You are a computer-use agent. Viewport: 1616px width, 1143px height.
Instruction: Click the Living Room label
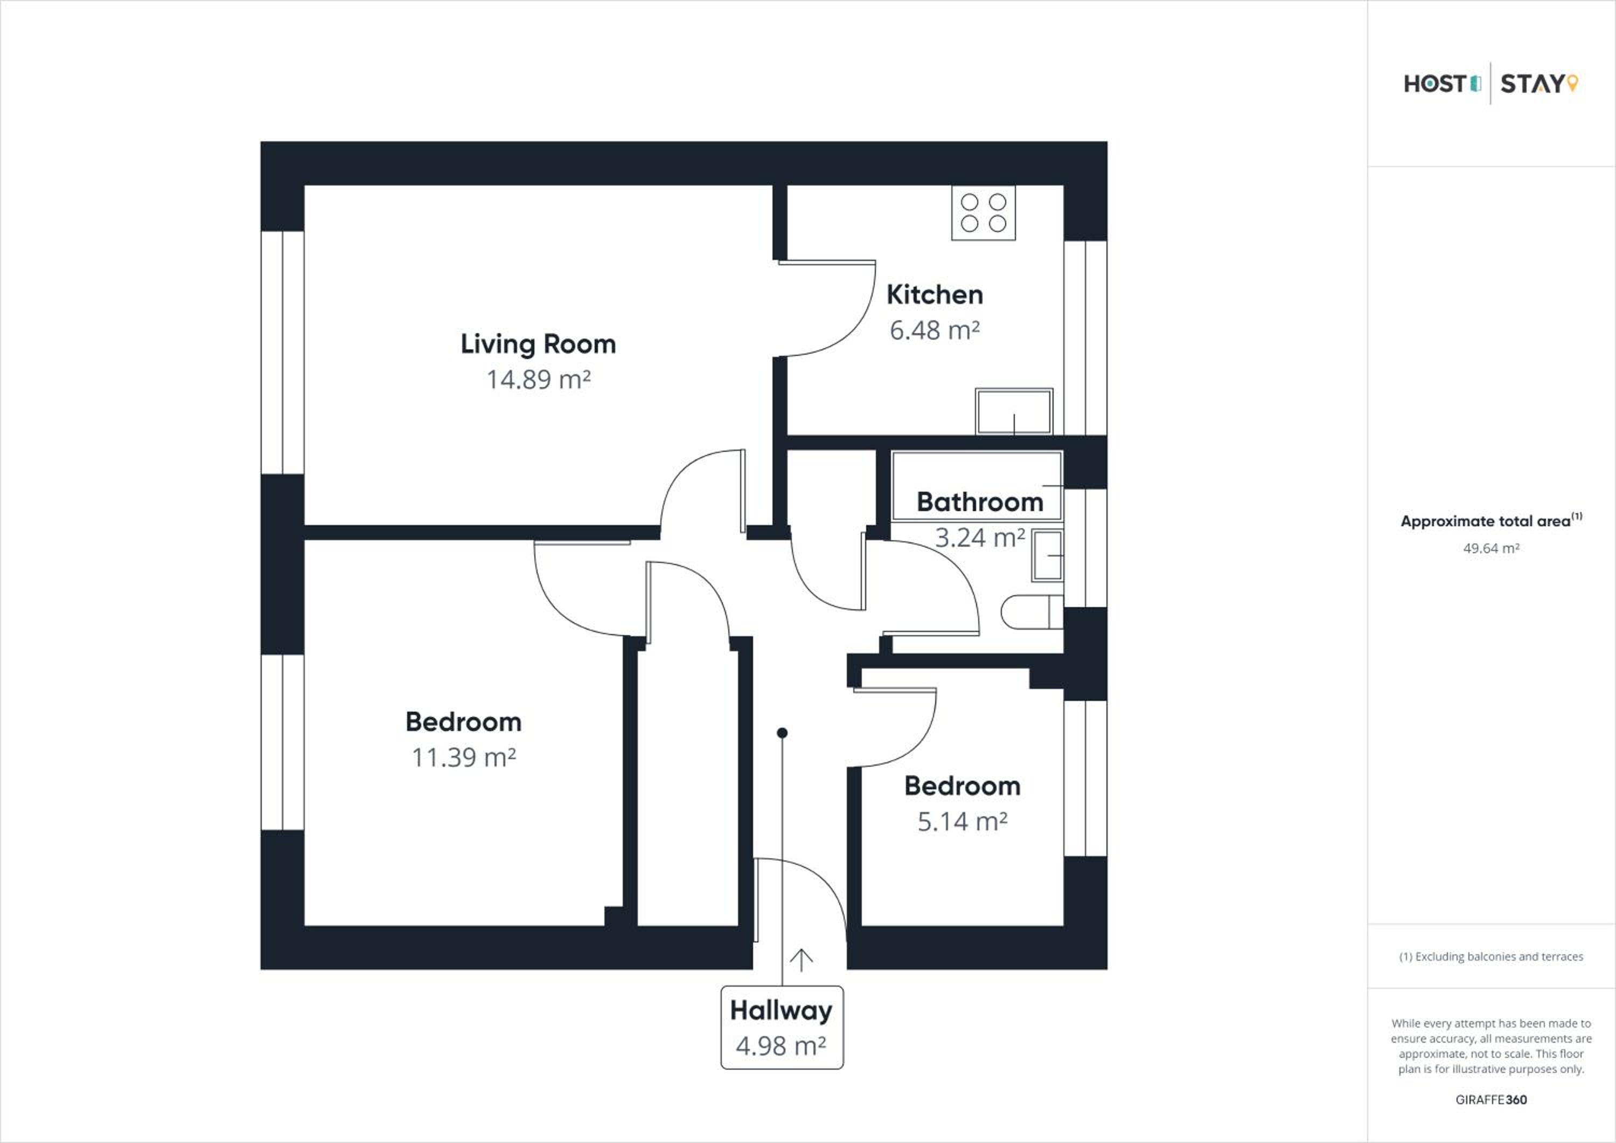(x=539, y=345)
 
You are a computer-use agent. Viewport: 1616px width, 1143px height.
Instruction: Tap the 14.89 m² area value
(x=539, y=380)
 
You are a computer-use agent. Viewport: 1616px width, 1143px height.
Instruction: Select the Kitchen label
(x=935, y=294)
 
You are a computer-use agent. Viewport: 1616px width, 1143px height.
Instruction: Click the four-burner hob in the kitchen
(x=983, y=212)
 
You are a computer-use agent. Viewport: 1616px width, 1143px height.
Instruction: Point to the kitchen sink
(x=1014, y=411)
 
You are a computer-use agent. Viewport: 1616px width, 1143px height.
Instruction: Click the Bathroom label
(x=980, y=502)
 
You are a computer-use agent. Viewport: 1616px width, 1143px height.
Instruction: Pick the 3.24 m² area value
(x=980, y=538)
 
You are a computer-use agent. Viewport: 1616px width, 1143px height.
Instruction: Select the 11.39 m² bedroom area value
(x=464, y=758)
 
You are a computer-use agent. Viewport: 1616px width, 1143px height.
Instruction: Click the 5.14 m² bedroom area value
(x=962, y=822)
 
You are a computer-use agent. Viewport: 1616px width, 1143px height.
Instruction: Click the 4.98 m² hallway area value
(x=781, y=1046)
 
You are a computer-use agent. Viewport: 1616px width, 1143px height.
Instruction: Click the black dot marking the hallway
(x=782, y=733)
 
